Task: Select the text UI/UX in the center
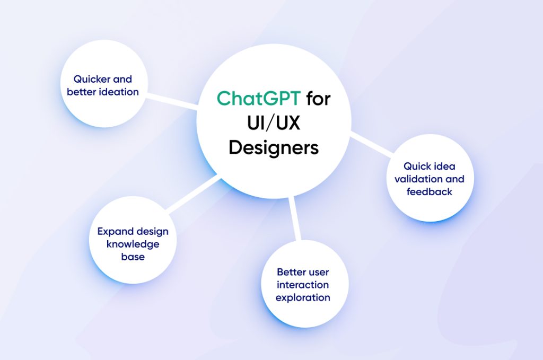tap(274, 123)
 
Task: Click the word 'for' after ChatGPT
tap(318, 99)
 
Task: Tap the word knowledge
tap(133, 244)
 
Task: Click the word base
tap(133, 257)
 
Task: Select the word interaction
tap(303, 285)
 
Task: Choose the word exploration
tap(303, 297)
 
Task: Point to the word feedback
tap(430, 192)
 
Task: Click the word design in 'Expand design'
tap(152, 232)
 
